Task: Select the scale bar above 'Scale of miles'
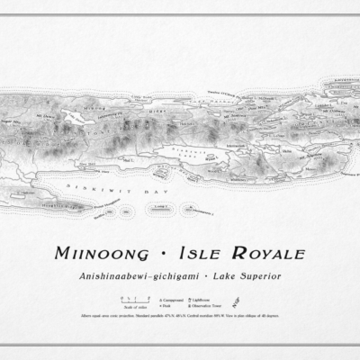[x=120, y=298]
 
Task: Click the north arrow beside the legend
[x=263, y=301]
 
